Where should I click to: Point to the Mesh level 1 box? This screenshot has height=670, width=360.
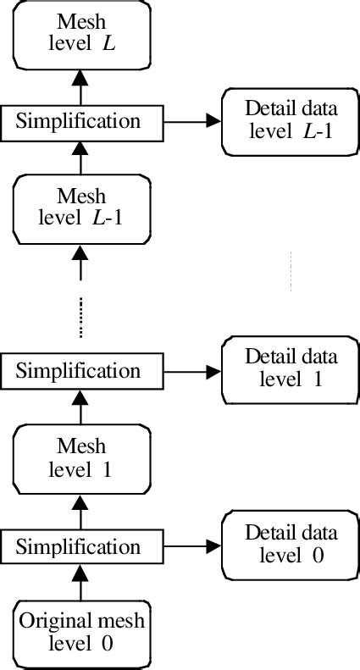[81, 457]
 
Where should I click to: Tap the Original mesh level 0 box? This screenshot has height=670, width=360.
[81, 632]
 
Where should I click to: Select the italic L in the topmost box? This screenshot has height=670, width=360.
[108, 40]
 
